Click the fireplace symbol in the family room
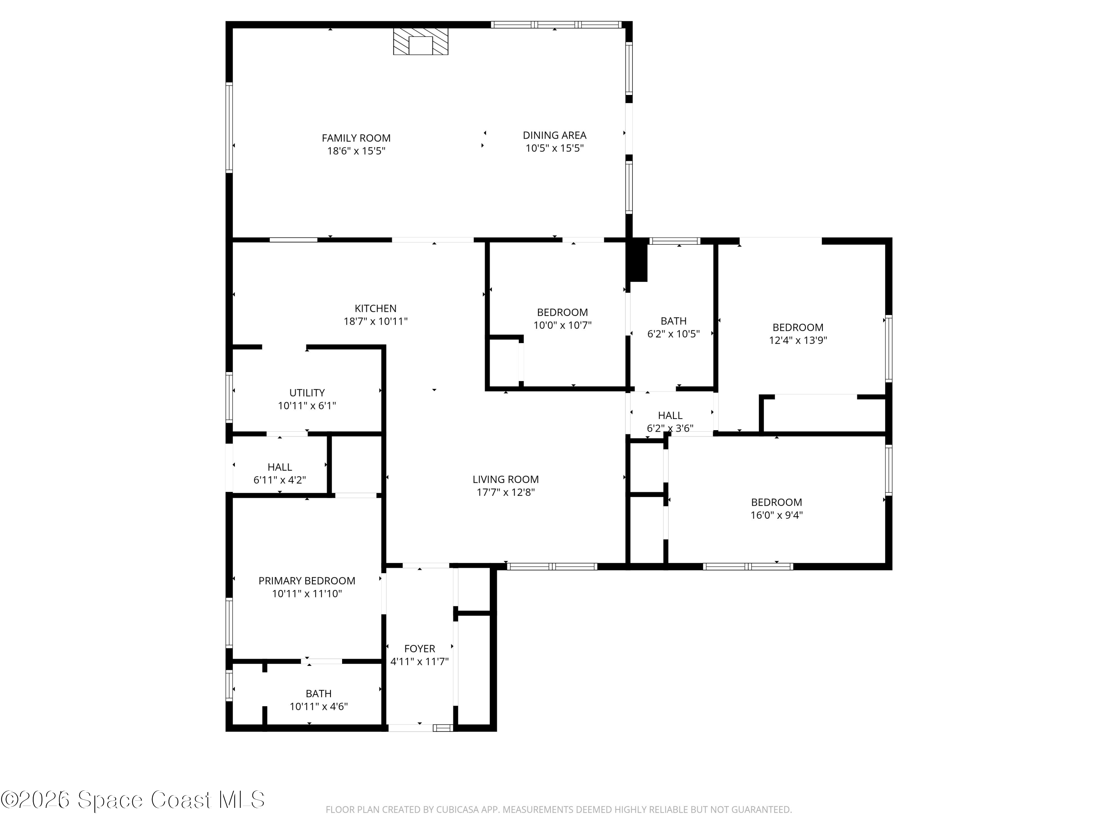tap(420, 41)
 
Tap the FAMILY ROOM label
tap(356, 138)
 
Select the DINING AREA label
tap(555, 135)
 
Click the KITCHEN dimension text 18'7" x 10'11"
tap(376, 321)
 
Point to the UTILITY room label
tap(307, 393)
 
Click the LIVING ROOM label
tap(505, 479)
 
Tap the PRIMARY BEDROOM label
tap(307, 581)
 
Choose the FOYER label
tap(420, 648)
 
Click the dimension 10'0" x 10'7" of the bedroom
tap(562, 325)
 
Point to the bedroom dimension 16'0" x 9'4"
tap(776, 515)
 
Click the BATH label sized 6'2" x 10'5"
tap(674, 321)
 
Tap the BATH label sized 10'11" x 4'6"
tap(318, 694)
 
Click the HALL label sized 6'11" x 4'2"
tap(279, 467)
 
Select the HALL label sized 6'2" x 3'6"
tap(670, 416)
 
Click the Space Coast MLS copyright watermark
tap(132, 800)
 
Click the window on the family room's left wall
tap(229, 127)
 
